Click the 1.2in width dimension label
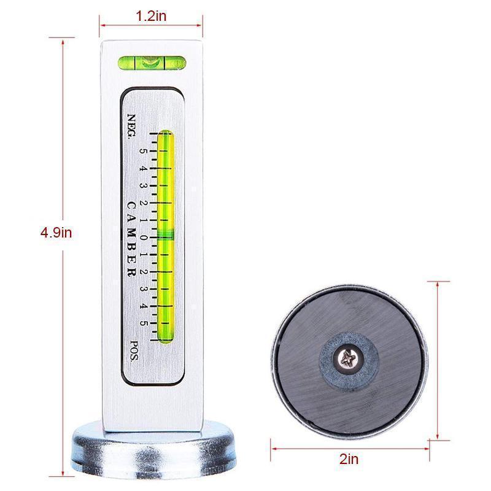point(151,16)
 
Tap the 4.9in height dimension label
point(56,233)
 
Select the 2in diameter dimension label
point(349,459)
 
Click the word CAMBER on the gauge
point(131,239)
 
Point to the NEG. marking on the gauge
point(131,126)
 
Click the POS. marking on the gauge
point(134,350)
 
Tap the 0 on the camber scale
point(143,238)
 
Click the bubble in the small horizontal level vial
point(149,63)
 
